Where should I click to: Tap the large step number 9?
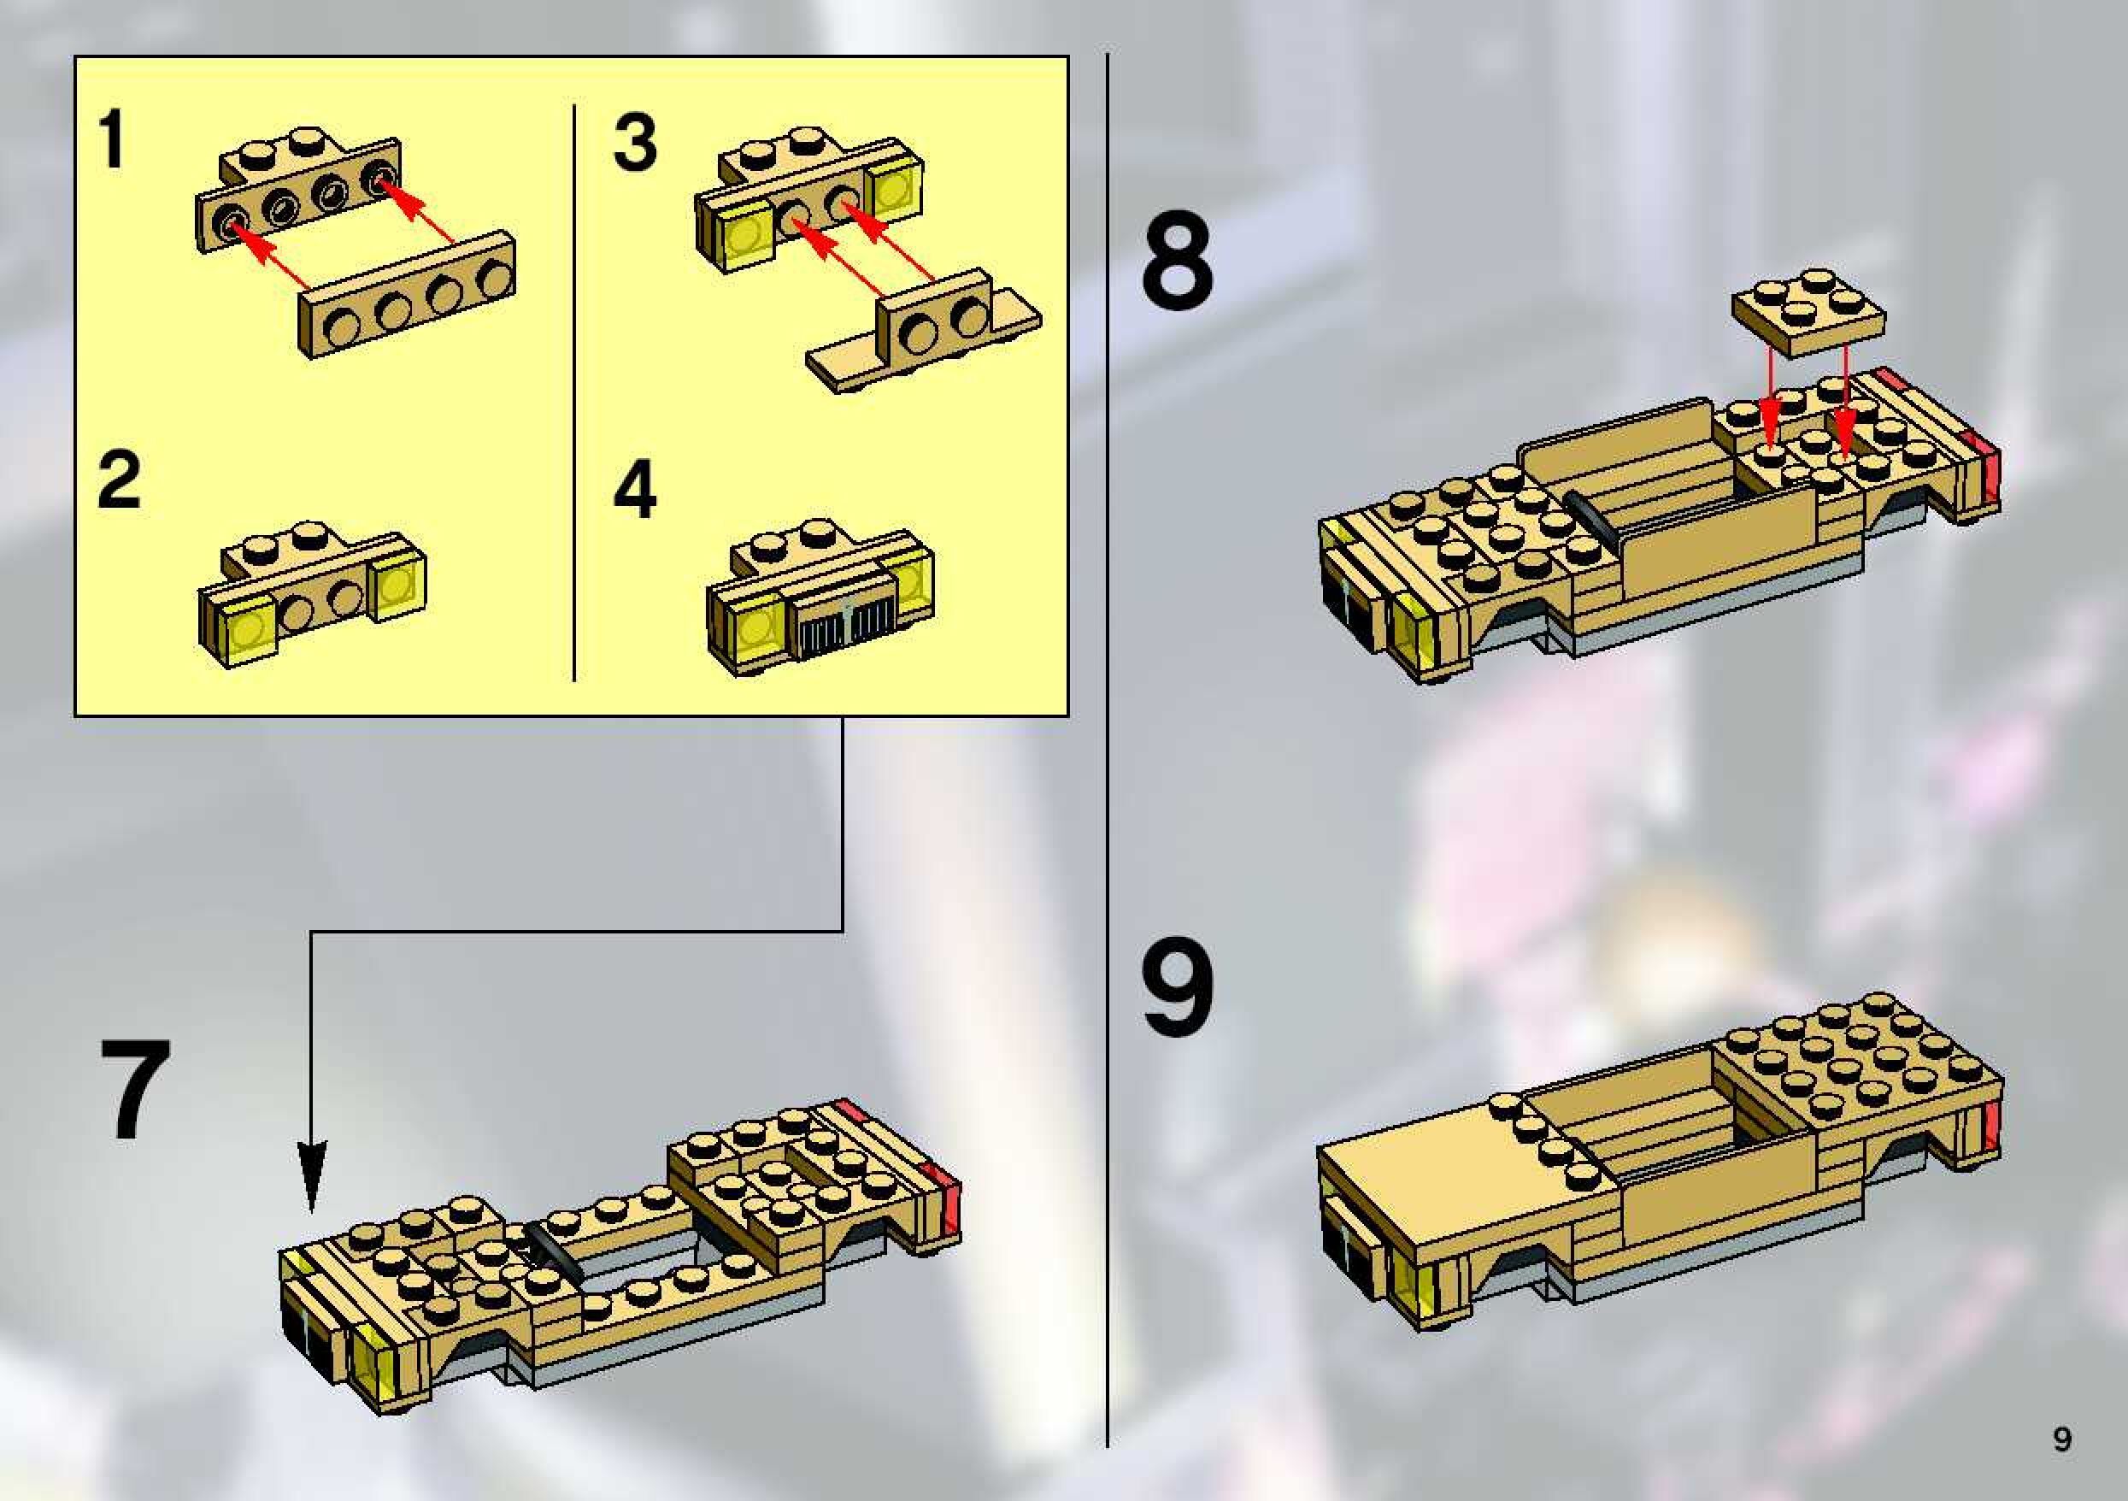pos(1177,988)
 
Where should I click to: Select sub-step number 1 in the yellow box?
pos(112,139)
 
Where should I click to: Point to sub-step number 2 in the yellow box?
pos(120,480)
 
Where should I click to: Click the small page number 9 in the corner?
pos(2062,1439)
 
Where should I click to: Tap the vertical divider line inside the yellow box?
pos(574,393)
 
